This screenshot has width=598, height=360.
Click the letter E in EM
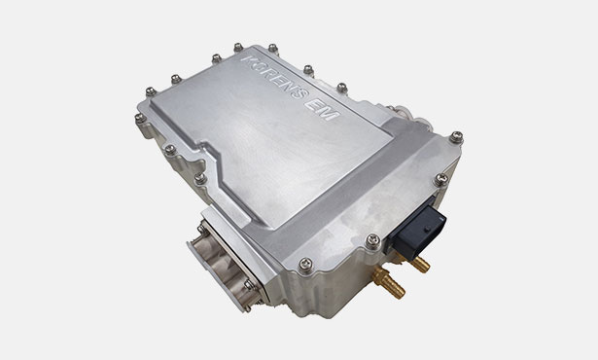(315, 105)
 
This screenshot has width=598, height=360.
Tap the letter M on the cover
(328, 114)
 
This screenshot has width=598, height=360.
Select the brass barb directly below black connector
(419, 264)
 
